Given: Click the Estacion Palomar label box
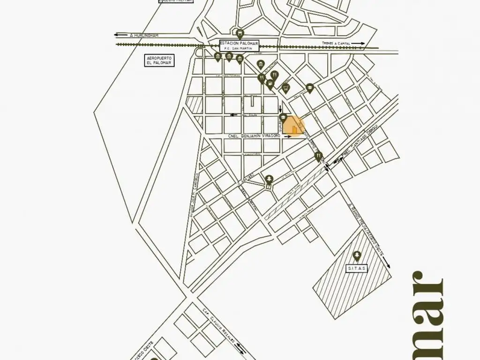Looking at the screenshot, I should click(x=240, y=45).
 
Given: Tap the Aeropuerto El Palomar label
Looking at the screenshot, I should click(x=159, y=60).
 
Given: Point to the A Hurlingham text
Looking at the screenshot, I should click(x=145, y=36).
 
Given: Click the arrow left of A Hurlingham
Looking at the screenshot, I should click(x=120, y=35).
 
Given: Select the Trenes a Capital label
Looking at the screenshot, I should click(x=336, y=44).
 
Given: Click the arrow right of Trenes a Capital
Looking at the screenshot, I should click(x=358, y=44).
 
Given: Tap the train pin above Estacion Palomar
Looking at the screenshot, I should click(x=240, y=34).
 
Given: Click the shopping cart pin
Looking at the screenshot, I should click(x=285, y=88).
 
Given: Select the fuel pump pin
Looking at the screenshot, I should click(x=270, y=84).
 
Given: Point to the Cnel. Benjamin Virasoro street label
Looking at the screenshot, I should click(x=254, y=136).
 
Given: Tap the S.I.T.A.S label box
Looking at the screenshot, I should click(x=357, y=269).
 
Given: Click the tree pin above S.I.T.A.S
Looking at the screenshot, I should click(x=357, y=256).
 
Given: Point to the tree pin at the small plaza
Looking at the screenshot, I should click(x=269, y=179).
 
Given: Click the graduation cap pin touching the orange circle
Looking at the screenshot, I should click(x=283, y=117).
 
